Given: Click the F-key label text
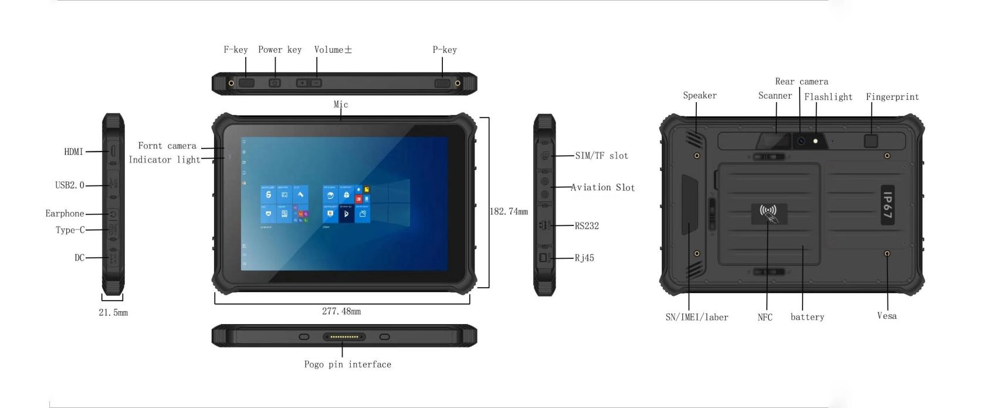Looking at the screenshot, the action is (x=235, y=49).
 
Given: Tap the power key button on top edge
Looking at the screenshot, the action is (x=275, y=82).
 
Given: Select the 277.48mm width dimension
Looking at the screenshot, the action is (x=341, y=311).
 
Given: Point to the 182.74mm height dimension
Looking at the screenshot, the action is (x=509, y=211).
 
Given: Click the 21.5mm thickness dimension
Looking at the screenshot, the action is (x=113, y=312).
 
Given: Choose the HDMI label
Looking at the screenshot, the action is (x=74, y=152).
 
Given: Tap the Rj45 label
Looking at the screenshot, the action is (x=584, y=258).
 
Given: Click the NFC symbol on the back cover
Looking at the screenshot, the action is (x=769, y=214).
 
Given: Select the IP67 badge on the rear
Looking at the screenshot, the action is (x=888, y=205).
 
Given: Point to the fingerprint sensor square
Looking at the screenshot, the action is (x=871, y=141).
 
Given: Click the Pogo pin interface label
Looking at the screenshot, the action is (x=348, y=364).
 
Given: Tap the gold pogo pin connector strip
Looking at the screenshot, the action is (x=344, y=337).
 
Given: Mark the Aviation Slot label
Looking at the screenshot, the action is (x=602, y=187).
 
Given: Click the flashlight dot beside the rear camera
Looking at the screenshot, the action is (x=815, y=141).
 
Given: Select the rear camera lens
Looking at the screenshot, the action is (x=801, y=141).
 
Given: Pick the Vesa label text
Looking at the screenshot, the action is (x=887, y=316).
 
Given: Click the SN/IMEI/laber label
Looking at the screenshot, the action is (x=696, y=317).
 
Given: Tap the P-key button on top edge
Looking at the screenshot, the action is (x=442, y=83).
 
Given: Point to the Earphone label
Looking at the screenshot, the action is (x=65, y=214).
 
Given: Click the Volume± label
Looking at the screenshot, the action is (x=333, y=49).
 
